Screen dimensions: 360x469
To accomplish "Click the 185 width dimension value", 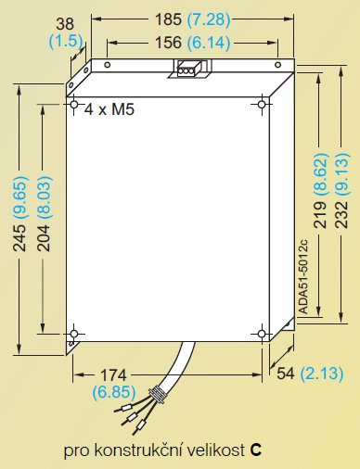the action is click(x=168, y=19).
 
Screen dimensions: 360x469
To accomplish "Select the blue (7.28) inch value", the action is click(x=209, y=19).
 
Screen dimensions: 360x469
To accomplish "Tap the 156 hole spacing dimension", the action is click(x=168, y=43).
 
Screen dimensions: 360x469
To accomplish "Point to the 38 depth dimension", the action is click(x=65, y=24).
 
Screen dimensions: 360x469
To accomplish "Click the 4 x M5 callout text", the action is click(x=109, y=109).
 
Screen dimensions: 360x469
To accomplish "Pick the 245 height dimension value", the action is click(x=19, y=238).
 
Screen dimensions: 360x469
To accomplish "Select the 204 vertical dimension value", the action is click(x=44, y=238).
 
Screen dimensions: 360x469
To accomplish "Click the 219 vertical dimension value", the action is click(x=320, y=215).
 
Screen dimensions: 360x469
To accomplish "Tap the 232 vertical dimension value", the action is click(x=342, y=215).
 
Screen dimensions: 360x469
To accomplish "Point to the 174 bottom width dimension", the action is click(x=114, y=375).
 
